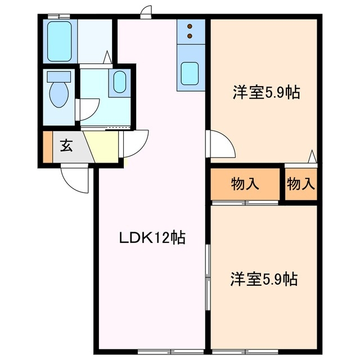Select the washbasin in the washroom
pyautogui.click(x=120, y=83)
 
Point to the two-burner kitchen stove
pyautogui.click(x=190, y=31)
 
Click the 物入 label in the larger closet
pyautogui.click(x=245, y=183)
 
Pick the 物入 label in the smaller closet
pyautogui.click(x=301, y=183)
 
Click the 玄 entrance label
pyautogui.click(x=66, y=147)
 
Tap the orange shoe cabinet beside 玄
pyautogui.click(x=47, y=147)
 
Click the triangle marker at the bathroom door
pyautogui.click(x=107, y=57)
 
